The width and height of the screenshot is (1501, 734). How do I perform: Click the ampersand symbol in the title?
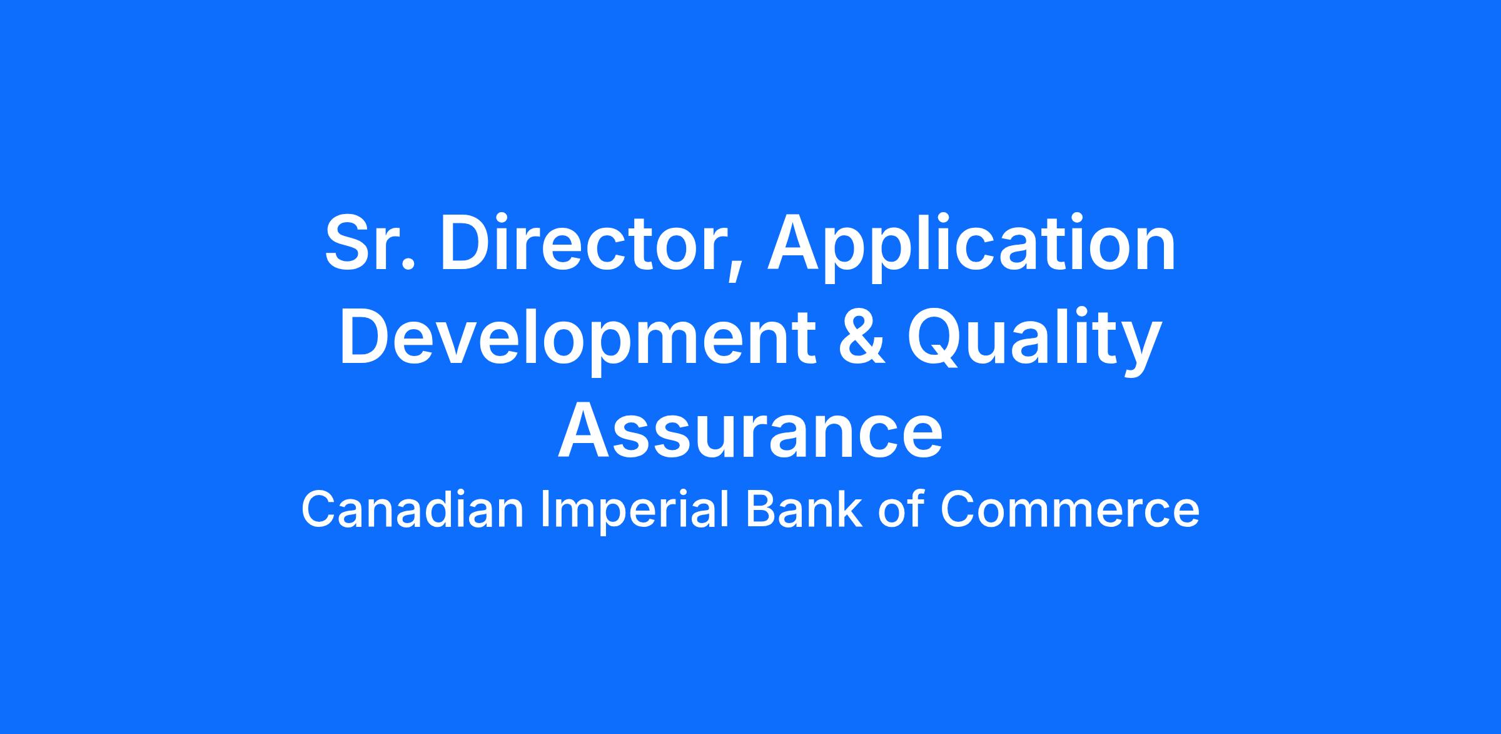pyautogui.click(x=862, y=339)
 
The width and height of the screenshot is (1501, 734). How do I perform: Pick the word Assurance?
pyautogui.click(x=750, y=432)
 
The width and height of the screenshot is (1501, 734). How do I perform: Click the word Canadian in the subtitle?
pyautogui.click(x=413, y=510)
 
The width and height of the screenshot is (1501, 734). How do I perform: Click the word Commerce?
pyautogui.click(x=1069, y=510)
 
